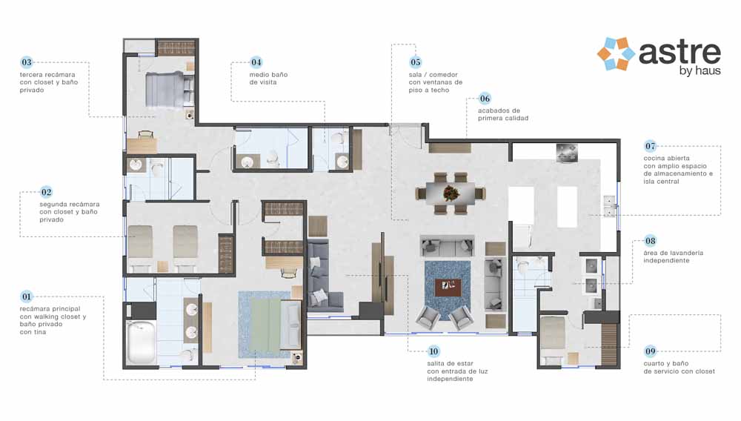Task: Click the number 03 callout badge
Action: [27, 62]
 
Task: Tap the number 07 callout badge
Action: [651, 146]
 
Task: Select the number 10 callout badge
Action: [433, 351]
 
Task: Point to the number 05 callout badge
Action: [416, 62]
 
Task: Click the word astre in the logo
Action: [679, 52]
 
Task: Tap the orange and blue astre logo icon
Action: [616, 54]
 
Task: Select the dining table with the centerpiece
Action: [451, 193]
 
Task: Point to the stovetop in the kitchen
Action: [567, 153]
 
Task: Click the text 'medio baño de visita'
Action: [268, 79]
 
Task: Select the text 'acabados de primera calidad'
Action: [503, 114]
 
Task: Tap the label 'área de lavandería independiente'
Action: [673, 256]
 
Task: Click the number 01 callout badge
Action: [27, 296]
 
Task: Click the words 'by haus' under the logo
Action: [700, 71]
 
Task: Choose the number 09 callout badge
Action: [651, 351]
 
